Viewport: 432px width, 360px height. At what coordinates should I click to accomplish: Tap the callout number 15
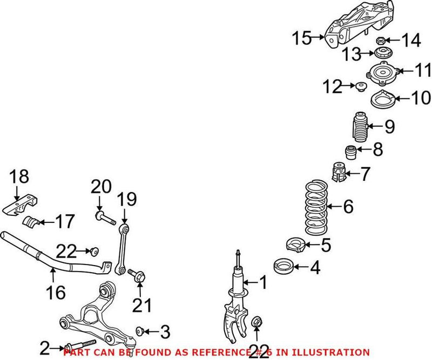302,38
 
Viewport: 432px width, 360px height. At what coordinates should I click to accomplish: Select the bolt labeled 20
104,218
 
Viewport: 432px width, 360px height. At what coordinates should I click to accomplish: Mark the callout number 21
142,306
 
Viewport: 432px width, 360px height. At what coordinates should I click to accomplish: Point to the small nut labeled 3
140,330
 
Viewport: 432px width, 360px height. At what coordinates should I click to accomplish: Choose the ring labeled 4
286,266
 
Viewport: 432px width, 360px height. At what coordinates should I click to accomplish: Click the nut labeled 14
380,40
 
